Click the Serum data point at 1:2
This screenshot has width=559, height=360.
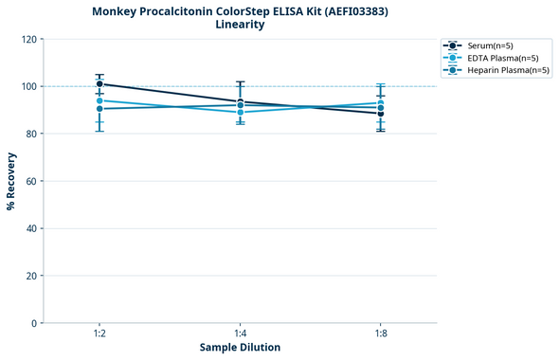click(x=99, y=84)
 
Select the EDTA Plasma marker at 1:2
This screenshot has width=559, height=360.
click(x=99, y=100)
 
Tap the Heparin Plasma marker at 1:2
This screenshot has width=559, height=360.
click(x=99, y=109)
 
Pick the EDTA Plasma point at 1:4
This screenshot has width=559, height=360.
click(x=241, y=113)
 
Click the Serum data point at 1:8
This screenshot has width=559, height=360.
click(x=381, y=114)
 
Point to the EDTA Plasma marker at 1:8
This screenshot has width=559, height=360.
click(x=381, y=103)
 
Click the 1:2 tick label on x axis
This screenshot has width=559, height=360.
click(x=99, y=333)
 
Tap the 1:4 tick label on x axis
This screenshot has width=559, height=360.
click(x=241, y=333)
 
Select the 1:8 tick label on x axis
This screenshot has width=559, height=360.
click(x=381, y=333)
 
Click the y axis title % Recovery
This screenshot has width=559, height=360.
click(x=11, y=181)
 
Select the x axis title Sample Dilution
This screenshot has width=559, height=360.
click(x=240, y=348)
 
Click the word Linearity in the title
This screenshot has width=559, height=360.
click(x=240, y=25)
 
